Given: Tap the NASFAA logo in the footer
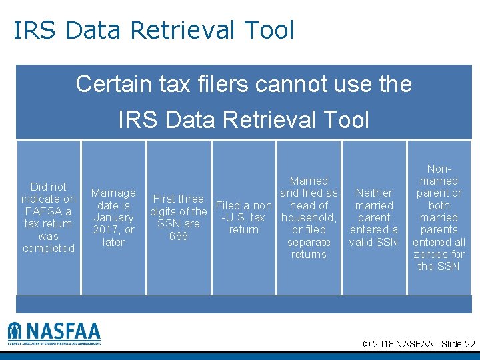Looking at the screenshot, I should point(54,332).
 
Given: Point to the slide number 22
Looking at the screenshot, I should point(469,344).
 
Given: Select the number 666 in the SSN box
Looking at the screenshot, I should point(179,236).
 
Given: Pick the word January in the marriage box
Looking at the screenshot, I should point(113,217).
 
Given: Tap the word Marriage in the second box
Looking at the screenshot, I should point(113,193).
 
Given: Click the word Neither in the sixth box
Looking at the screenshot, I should point(374,193).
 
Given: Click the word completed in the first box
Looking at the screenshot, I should point(49,248).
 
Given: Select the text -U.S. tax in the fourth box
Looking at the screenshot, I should point(243,217).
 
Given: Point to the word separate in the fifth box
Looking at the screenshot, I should point(309,242).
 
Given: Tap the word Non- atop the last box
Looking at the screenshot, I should point(439,169).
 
